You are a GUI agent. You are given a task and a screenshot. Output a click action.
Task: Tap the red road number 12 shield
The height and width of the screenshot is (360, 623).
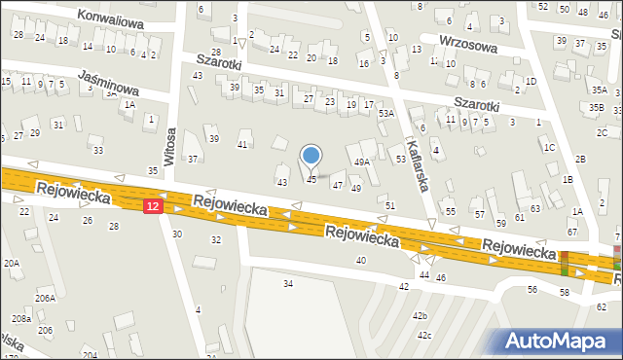point(152,206)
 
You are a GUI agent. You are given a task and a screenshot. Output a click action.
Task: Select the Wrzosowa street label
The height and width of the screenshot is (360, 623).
point(468,45)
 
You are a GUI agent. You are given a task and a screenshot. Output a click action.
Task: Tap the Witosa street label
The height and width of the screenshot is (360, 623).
point(169,146)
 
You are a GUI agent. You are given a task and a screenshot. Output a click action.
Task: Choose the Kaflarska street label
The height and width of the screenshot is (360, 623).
point(415,161)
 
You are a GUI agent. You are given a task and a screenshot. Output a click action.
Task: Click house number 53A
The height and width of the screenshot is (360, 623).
point(386,114)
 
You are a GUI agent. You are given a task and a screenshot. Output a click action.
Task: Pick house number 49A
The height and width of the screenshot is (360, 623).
point(361,162)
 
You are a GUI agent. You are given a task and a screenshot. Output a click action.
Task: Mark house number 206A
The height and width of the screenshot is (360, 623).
point(45,298)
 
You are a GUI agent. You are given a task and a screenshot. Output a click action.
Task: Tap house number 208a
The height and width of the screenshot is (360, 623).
point(20,319)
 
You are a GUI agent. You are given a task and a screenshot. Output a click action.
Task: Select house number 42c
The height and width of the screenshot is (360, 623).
point(424,336)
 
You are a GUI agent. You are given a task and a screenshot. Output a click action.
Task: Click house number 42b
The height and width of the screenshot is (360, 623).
point(420,316)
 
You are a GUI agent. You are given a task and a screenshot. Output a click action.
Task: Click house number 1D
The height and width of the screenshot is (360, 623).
point(530,81)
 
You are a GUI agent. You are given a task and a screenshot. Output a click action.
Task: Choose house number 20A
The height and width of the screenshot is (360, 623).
point(11,263)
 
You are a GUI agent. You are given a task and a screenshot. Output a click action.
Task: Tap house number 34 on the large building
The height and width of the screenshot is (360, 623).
point(288,283)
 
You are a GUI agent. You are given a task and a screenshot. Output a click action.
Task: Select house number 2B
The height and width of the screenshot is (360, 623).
point(580,159)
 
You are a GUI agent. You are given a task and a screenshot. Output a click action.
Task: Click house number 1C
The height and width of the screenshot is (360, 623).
point(550,147)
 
